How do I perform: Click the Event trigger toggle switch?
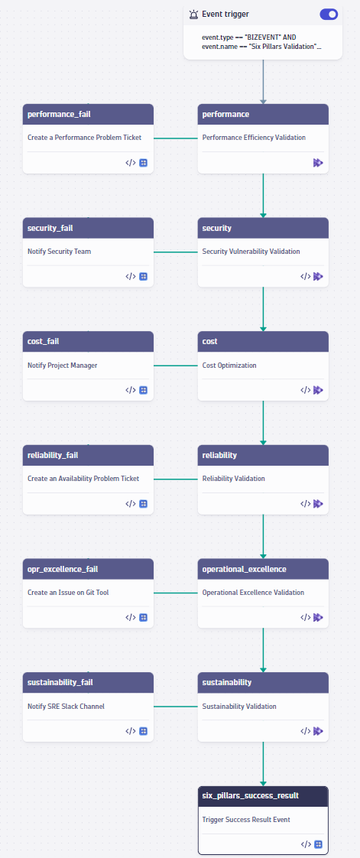point(329,14)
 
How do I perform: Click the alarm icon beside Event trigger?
point(193,14)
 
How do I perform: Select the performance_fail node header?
point(88,114)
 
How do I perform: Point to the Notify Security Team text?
point(59,252)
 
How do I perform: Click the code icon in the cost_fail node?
point(131,390)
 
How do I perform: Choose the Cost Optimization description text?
point(229,366)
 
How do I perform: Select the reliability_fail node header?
point(88,455)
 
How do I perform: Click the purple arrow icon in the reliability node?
point(318,504)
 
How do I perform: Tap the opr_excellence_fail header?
point(88,569)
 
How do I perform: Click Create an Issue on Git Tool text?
point(68,593)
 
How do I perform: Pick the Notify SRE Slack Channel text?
point(66,707)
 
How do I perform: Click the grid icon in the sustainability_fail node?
point(143,731)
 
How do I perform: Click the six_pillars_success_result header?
point(263,795)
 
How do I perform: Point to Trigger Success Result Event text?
point(247,820)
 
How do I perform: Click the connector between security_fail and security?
point(176,252)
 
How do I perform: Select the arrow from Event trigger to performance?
point(263,80)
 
